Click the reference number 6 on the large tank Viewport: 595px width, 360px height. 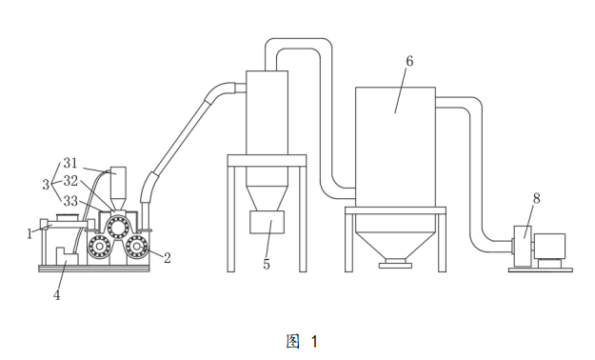tap(409, 61)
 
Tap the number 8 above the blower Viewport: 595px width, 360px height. tap(536, 198)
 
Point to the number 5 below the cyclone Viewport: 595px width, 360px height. tap(267, 264)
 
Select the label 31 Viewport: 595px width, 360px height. tap(70, 163)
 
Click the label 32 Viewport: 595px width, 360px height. tap(70, 181)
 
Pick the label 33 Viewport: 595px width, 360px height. tap(70, 201)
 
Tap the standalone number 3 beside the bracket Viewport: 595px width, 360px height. tap(46, 185)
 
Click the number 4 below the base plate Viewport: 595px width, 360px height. tap(56, 294)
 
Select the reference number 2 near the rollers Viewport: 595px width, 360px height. tap(167, 258)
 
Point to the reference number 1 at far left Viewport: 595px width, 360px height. tap(30, 233)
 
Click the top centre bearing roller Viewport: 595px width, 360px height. tap(118, 227)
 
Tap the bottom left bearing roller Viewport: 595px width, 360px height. tap(99, 246)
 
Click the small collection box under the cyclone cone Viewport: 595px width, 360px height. tap(267, 222)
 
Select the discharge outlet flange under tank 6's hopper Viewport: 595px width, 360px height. tap(395, 263)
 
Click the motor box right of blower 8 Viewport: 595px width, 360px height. tap(550, 246)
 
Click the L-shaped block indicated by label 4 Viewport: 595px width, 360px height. tap(67, 256)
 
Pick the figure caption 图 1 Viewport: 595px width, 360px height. tap(302, 341)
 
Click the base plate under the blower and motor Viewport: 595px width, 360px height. tap(541, 270)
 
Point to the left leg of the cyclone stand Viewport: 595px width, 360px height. tap(231, 219)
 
